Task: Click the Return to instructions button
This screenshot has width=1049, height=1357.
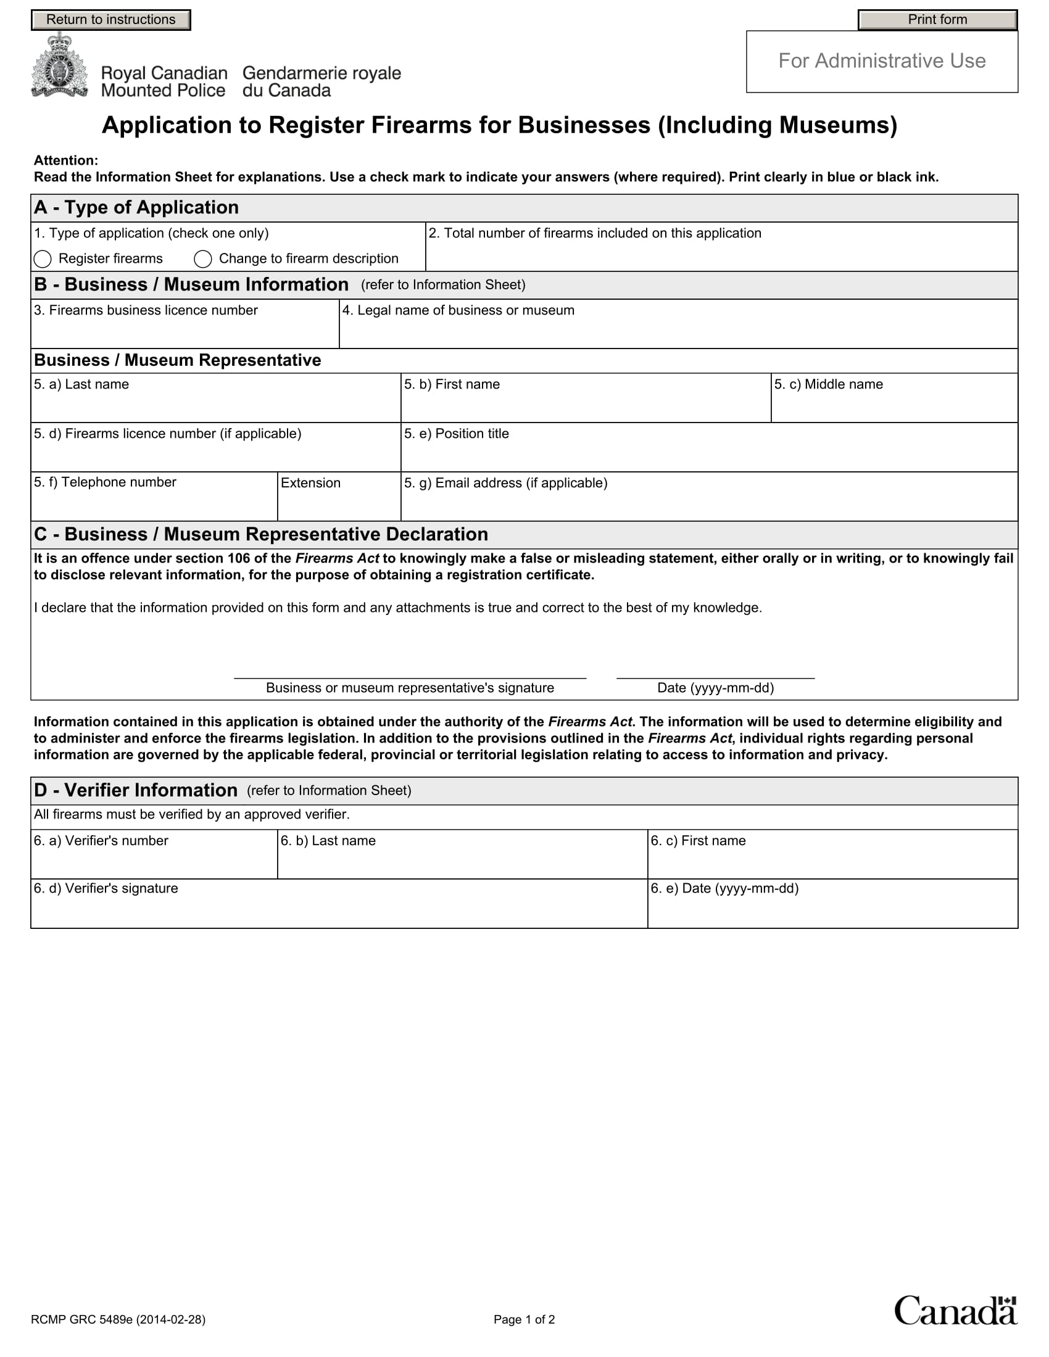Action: tap(110, 20)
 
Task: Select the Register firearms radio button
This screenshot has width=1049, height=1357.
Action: tap(43, 258)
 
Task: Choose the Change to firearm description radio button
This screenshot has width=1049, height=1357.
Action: tap(203, 258)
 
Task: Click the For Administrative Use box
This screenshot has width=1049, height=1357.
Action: tap(881, 62)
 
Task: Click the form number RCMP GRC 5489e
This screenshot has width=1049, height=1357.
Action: tap(118, 1320)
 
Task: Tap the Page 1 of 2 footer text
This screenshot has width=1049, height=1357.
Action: tap(524, 1320)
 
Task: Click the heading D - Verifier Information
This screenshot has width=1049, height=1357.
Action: tap(136, 790)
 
